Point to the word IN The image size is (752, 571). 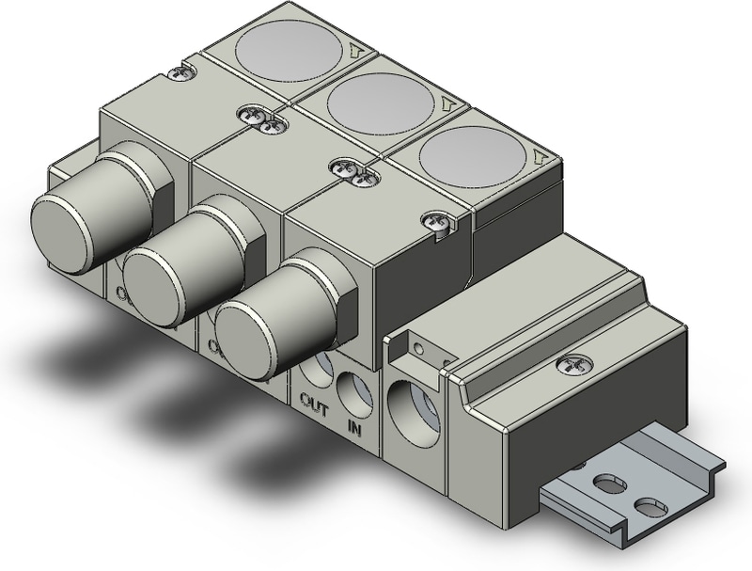tap(354, 428)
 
